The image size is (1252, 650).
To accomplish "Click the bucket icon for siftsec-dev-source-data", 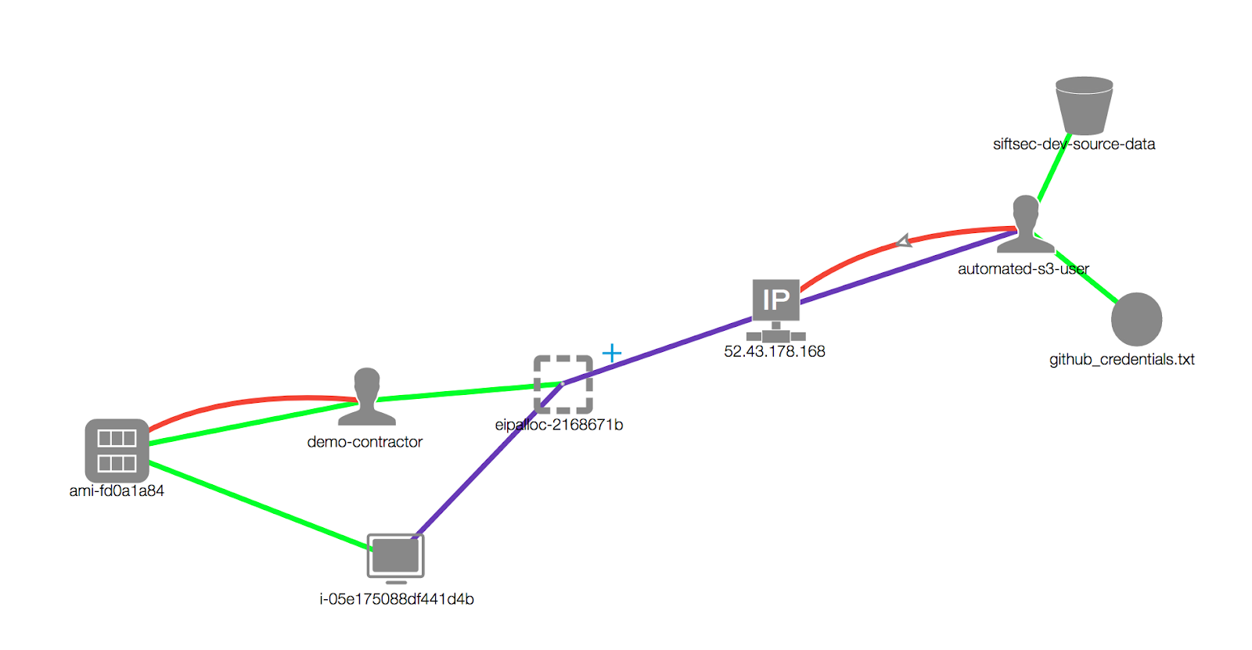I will point(1084,106).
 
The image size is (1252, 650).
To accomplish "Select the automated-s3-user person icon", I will point(1025,224).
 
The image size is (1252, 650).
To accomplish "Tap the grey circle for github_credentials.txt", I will point(1136,319).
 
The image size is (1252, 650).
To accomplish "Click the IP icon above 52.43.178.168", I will point(775,300).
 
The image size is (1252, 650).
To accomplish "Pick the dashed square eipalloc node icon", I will point(563,384).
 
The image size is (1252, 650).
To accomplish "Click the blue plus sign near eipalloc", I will point(612,354).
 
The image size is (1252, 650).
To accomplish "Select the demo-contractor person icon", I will point(366,397).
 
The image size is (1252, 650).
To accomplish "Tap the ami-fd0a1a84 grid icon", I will point(117,451).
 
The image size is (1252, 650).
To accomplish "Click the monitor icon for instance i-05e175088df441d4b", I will point(396,557).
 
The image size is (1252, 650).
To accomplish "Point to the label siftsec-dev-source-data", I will point(1074,144).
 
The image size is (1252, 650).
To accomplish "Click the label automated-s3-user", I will point(1023,269).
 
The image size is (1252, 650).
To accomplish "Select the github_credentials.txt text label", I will point(1121,360).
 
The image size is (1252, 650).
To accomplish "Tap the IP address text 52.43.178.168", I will point(774,352).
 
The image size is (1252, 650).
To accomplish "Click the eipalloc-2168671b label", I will point(559,425).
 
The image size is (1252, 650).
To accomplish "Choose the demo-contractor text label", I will point(365,442).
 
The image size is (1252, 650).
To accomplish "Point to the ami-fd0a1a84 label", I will point(117,491).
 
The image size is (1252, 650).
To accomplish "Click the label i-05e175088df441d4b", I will point(396,599).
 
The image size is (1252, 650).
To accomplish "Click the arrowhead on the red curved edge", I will point(904,241).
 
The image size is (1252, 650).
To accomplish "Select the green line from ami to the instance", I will point(258,505).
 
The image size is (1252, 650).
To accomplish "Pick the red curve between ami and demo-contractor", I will point(235,404).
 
